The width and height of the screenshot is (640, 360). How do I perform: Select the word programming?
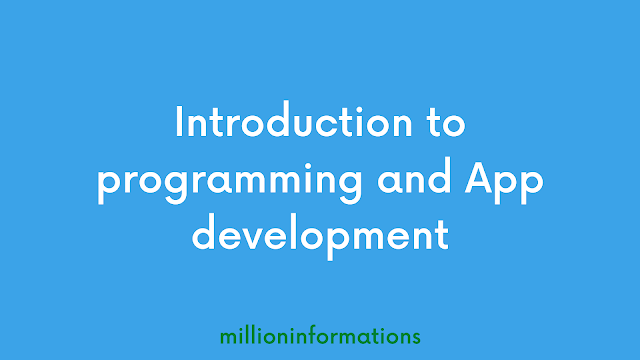[229, 182]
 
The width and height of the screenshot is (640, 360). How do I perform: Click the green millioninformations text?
[320, 336]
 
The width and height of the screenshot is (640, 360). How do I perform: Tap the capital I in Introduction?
[178, 121]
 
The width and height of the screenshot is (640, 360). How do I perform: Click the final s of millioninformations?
[416, 338]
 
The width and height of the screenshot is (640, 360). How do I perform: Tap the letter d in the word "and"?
[439, 176]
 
